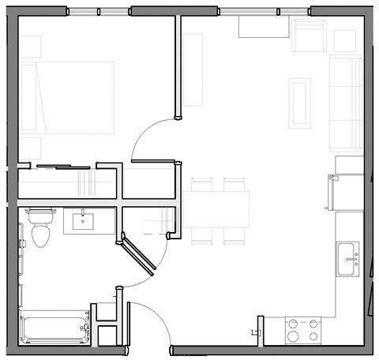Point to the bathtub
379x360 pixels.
(x=54, y=328)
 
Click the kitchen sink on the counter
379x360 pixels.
(x=347, y=258)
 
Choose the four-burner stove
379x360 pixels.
(x=304, y=329)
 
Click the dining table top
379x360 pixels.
(x=216, y=208)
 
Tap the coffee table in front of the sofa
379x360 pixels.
(x=300, y=102)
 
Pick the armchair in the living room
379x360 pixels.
(x=309, y=35)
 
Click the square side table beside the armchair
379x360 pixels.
(x=345, y=41)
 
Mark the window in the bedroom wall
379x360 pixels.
(x=99, y=11)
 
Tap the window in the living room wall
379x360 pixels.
(x=265, y=11)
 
